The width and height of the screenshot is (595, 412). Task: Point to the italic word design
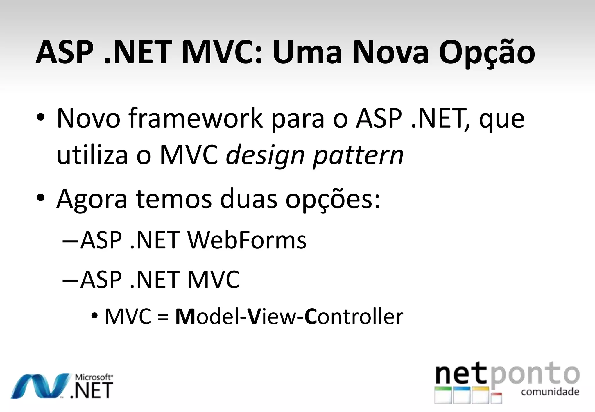click(265, 156)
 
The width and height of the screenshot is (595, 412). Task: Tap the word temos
click(174, 199)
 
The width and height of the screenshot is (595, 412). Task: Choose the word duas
click(248, 199)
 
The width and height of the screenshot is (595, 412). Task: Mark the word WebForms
click(247, 240)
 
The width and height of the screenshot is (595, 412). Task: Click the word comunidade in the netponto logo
click(550, 392)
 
